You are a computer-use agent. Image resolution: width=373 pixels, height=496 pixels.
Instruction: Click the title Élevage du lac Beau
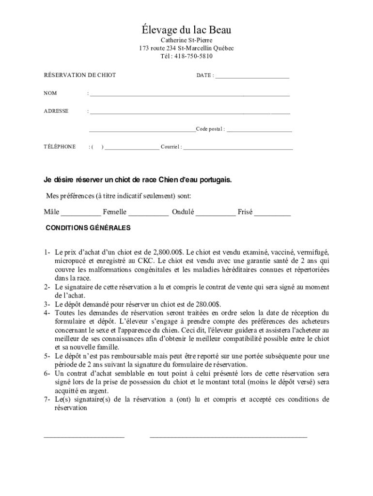pos(186,30)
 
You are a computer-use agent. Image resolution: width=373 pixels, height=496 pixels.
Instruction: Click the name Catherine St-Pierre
pos(186,41)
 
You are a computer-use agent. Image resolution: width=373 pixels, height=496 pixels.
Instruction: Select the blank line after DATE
pos(252,77)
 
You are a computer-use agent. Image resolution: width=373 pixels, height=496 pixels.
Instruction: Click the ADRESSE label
pos(56,111)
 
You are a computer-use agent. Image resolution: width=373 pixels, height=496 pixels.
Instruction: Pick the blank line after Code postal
pos(259,130)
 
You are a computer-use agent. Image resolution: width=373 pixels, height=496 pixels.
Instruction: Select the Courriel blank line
pos(238,148)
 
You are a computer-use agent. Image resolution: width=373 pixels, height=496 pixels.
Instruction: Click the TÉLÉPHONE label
pos(60,147)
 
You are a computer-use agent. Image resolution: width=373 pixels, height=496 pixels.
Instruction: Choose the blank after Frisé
pos(272,214)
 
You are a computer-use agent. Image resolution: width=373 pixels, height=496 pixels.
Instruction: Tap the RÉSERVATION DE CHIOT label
pos(80,76)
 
